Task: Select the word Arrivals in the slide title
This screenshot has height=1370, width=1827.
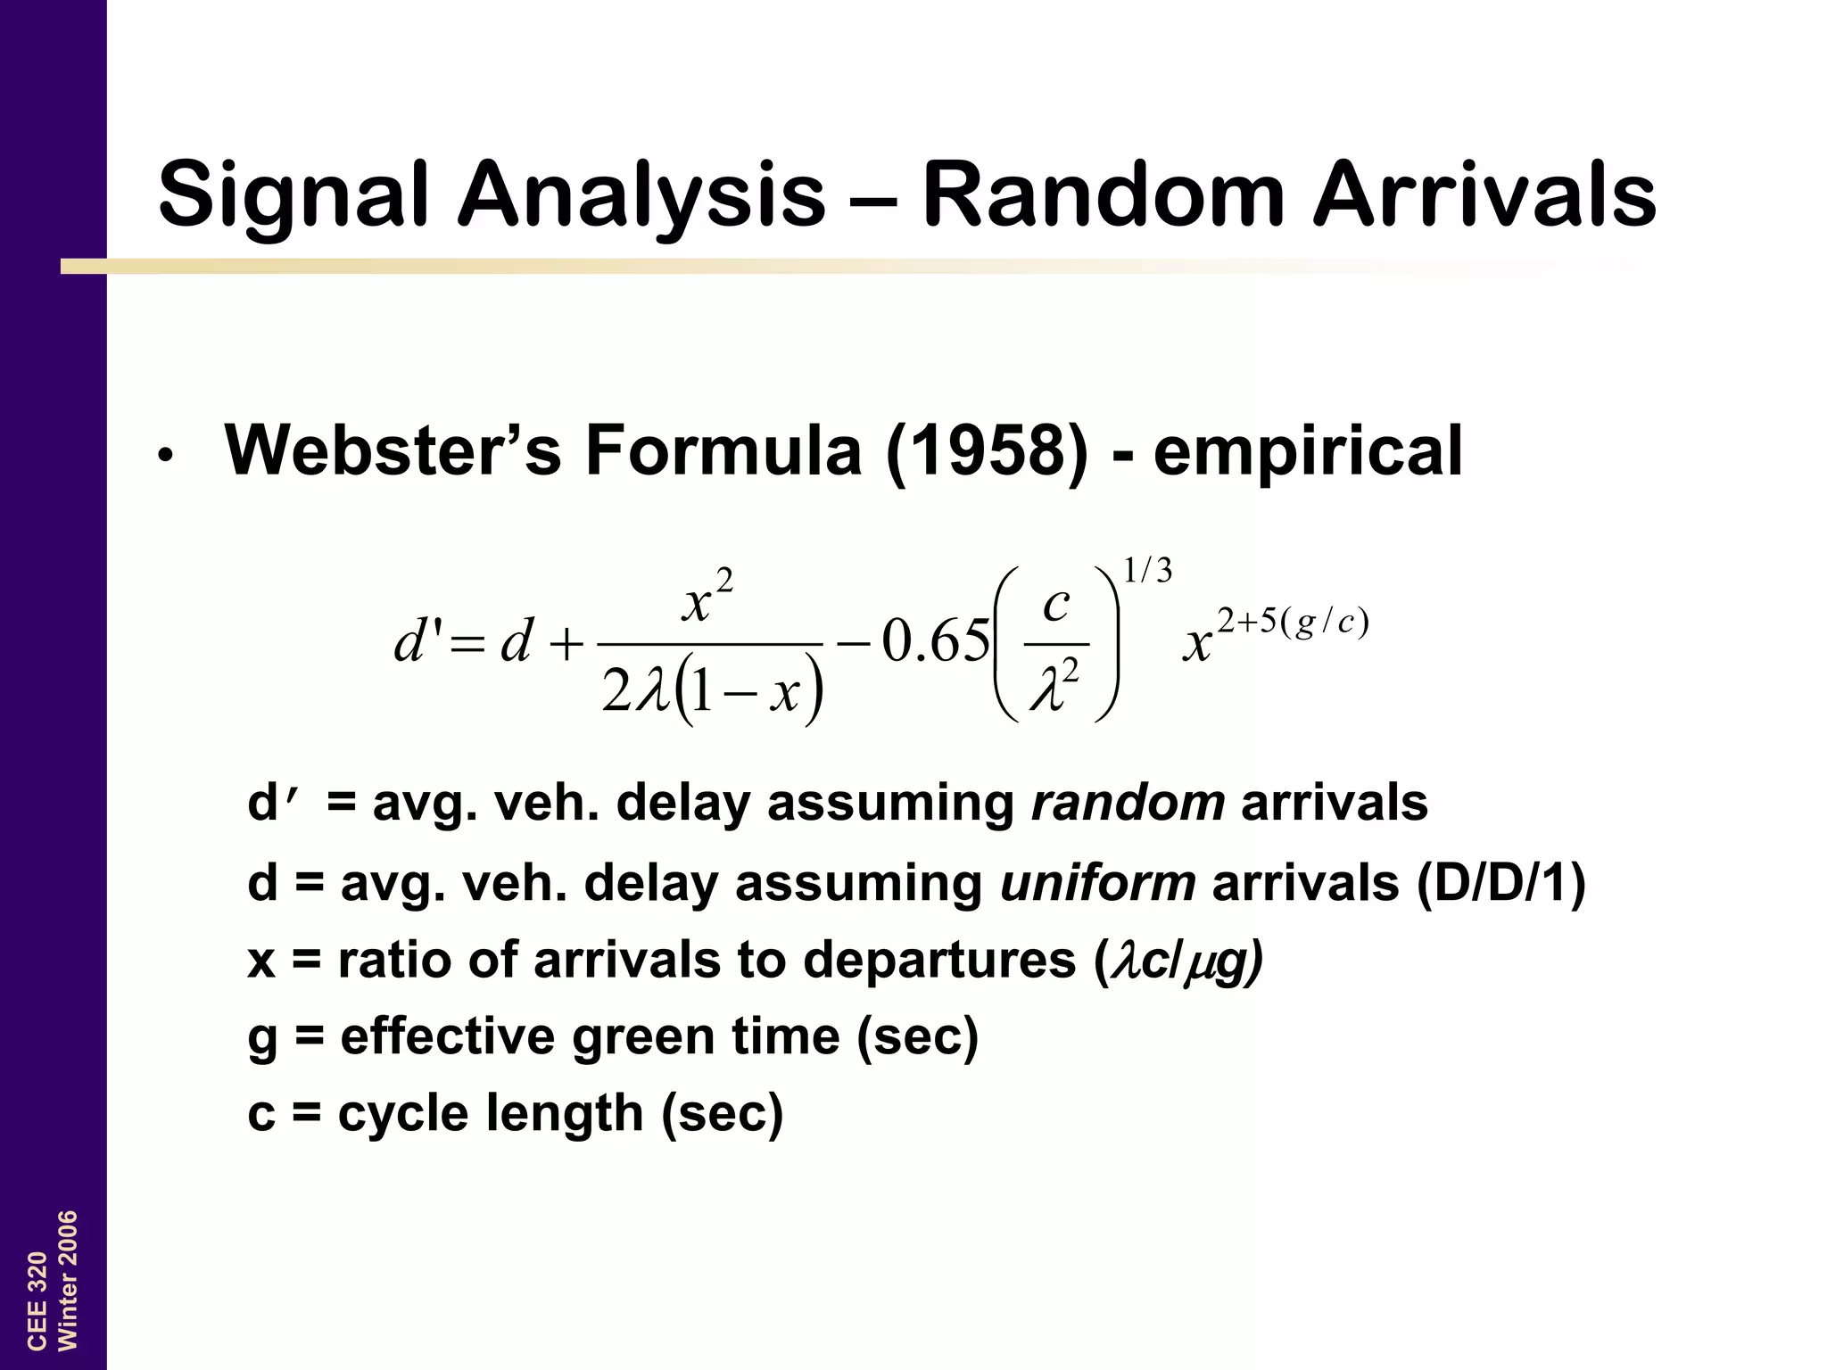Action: (x=1484, y=194)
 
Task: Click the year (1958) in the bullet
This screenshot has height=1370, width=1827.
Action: (x=987, y=451)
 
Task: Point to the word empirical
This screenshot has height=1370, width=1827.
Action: (x=1308, y=451)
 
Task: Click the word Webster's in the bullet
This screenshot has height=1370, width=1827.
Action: (x=393, y=451)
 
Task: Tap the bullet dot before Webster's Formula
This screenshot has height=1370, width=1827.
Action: (x=164, y=456)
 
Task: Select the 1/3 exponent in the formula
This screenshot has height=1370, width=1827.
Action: (x=1147, y=571)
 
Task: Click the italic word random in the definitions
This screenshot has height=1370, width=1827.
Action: (x=1128, y=803)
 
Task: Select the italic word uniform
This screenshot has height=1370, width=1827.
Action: (x=1097, y=883)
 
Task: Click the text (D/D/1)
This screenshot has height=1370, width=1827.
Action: (x=1500, y=883)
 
